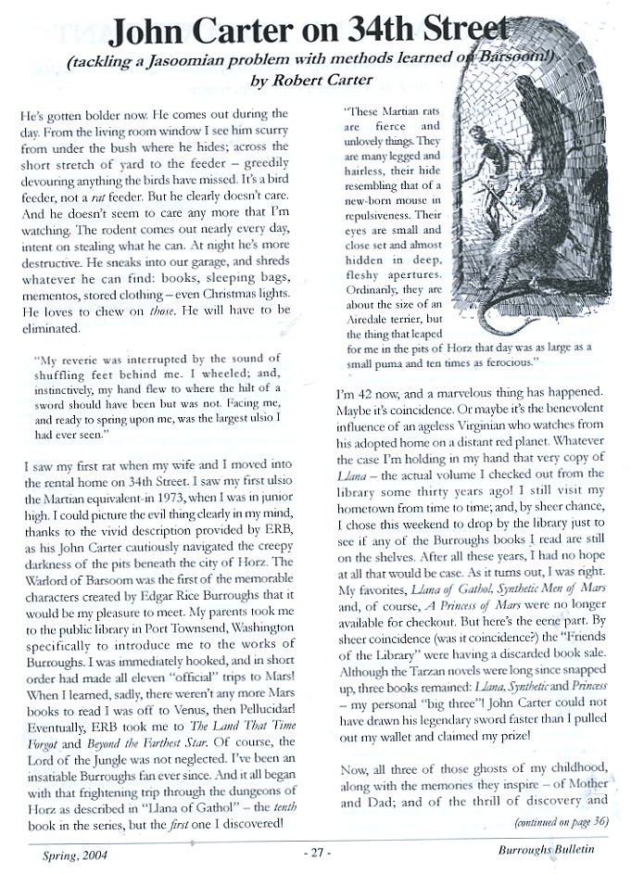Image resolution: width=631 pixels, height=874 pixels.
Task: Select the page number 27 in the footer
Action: click(x=316, y=848)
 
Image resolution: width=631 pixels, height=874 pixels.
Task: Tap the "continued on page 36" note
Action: click(x=560, y=820)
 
